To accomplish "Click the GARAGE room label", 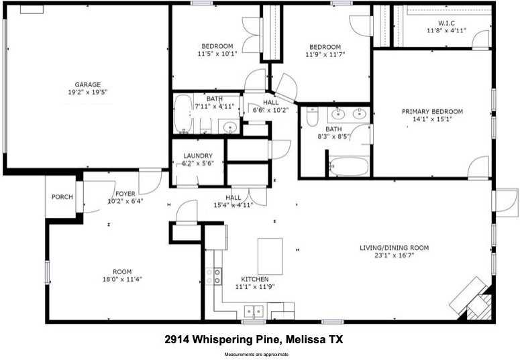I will pyautogui.click(x=88, y=84).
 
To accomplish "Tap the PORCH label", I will pyautogui.click(x=62, y=197).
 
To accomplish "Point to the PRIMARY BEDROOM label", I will pyautogui.click(x=432, y=112).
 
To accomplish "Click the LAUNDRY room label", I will pyautogui.click(x=197, y=156).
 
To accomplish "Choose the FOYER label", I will pyautogui.click(x=125, y=193).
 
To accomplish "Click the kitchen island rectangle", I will pyautogui.click(x=270, y=255).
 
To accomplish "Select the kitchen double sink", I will pyautogui.click(x=254, y=311).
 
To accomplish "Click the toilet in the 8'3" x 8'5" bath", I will pyautogui.click(x=311, y=118).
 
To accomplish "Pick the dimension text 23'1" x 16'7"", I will pyautogui.click(x=393, y=256).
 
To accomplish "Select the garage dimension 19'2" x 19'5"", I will pyautogui.click(x=88, y=93).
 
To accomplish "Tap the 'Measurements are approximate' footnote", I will pyautogui.click(x=257, y=354).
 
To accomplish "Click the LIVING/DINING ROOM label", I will pyautogui.click(x=393, y=247).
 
